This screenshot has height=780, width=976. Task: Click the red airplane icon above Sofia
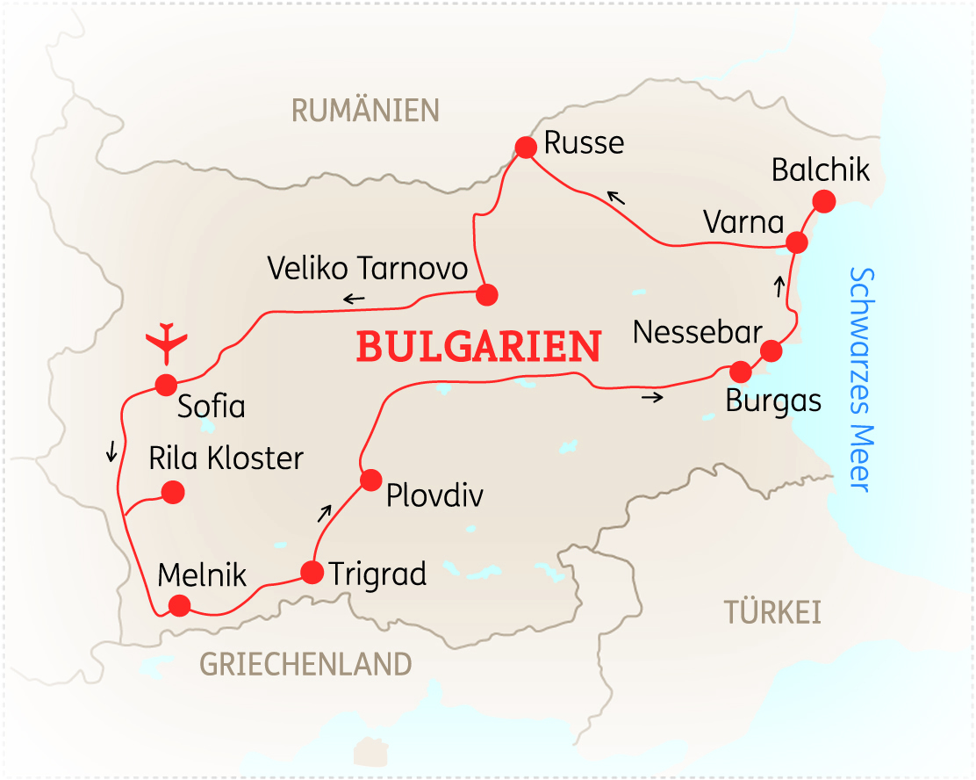coord(166,343)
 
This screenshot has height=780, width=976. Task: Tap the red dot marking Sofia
coord(166,385)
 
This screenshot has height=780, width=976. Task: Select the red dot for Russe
coord(526,148)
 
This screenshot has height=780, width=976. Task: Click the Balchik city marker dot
coord(823,202)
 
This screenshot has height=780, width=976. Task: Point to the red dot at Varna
coord(797,242)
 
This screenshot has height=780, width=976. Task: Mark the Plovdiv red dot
coord(370,480)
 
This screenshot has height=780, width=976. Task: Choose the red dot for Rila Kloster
coord(173,493)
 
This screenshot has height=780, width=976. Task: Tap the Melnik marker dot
coord(179,605)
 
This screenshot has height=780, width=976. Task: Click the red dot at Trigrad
coord(312,573)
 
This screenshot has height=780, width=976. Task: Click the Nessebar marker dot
coord(771,351)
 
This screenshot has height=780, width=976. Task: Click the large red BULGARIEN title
coord(478,347)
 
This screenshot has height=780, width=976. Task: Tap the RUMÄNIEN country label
coord(365,111)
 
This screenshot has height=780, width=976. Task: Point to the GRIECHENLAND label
coord(305,664)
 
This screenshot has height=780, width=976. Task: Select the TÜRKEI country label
coord(772,612)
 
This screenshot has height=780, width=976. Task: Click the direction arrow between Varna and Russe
coord(617,199)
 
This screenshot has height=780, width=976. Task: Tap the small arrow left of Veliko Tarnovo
coord(354,300)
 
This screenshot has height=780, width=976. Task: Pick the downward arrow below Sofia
coord(111,451)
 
